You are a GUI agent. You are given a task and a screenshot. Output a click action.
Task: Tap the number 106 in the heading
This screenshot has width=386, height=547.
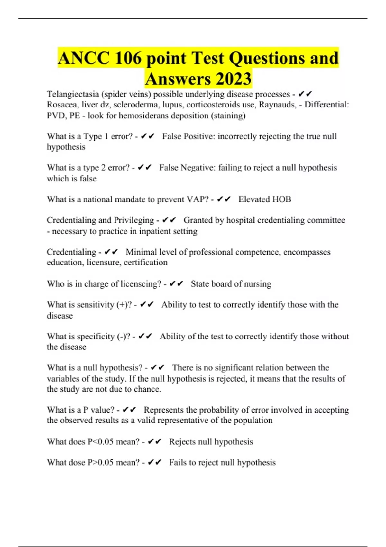pyautogui.click(x=128, y=59)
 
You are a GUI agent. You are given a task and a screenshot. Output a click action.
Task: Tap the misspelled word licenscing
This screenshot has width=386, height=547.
pyautogui.click(x=141, y=284)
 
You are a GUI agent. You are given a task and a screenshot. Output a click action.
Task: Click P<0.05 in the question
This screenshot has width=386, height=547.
pyautogui.click(x=100, y=442)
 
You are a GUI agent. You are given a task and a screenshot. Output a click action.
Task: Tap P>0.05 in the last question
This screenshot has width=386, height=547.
pyautogui.click(x=100, y=463)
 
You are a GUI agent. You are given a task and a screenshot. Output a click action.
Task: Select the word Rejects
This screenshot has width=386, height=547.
pyautogui.click(x=182, y=442)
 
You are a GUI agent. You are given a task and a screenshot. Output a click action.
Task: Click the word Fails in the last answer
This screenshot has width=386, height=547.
pyautogui.click(x=178, y=463)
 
